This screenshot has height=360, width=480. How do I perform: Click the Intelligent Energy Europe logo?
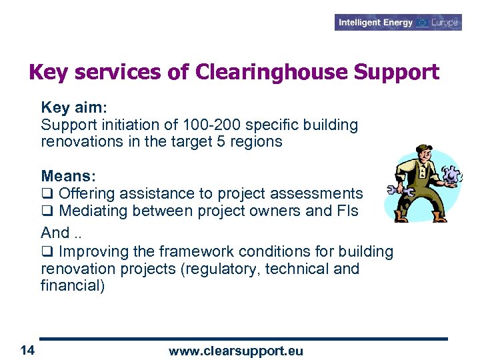(x=398, y=22)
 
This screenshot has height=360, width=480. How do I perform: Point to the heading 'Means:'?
(x=69, y=176)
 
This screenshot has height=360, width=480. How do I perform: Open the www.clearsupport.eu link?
(x=235, y=351)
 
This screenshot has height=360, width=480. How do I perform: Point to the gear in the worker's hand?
(x=453, y=175)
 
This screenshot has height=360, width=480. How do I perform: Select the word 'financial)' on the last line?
(x=73, y=287)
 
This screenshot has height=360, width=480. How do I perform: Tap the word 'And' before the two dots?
(x=55, y=233)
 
